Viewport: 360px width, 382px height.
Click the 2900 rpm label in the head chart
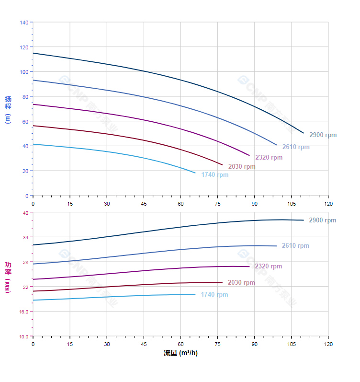point(323,135)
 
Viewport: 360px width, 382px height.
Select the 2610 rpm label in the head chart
point(296,147)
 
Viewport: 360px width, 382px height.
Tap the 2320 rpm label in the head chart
point(269,158)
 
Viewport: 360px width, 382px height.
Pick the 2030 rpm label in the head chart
point(242,167)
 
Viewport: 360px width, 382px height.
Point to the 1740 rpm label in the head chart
point(214,175)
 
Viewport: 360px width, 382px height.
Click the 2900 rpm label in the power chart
point(323,220)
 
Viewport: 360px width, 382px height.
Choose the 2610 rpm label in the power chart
point(295,246)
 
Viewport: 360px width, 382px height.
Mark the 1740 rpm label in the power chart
point(214,295)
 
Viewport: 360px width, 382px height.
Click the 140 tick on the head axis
point(24,23)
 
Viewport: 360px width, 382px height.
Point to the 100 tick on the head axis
point(24,72)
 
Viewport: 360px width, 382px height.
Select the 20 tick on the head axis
point(25,171)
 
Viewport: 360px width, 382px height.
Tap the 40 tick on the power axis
point(25,213)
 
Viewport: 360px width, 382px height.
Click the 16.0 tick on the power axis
point(23,312)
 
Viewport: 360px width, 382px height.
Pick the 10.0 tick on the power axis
point(23,336)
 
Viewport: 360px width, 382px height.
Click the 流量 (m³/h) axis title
point(180,353)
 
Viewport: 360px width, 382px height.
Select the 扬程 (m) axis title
point(8,109)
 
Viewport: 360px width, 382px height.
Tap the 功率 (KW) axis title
point(8,277)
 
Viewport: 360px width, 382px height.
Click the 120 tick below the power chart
point(328,345)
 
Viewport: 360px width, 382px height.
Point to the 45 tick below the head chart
point(144,204)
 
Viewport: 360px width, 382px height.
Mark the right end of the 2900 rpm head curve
point(304,133)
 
